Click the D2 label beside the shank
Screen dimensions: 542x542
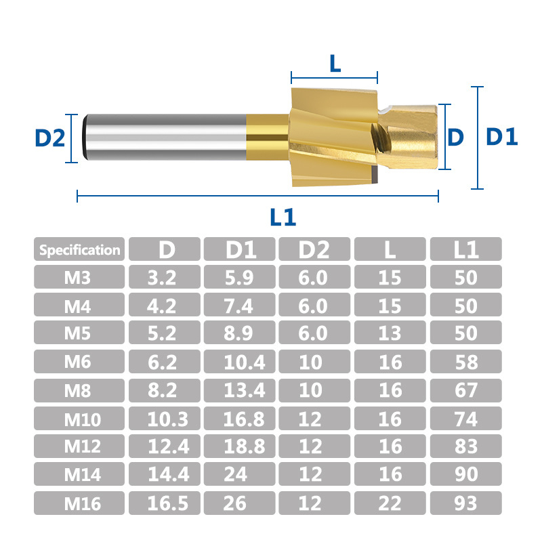pyautogui.click(x=49, y=138)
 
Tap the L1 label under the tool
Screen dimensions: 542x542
pyautogui.click(x=283, y=217)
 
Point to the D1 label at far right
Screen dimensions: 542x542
pyautogui.click(x=501, y=137)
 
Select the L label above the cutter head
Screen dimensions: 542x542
pyautogui.click(x=335, y=63)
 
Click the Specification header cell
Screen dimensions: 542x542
pyautogui.click(x=79, y=249)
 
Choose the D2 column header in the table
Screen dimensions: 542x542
pyautogui.click(x=314, y=249)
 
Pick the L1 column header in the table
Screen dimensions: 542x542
pyautogui.click(x=466, y=249)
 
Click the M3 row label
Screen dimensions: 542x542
pyautogui.click(x=77, y=278)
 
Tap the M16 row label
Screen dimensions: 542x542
pyautogui.click(x=83, y=503)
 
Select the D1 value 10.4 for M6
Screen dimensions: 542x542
pyautogui.click(x=245, y=362)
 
